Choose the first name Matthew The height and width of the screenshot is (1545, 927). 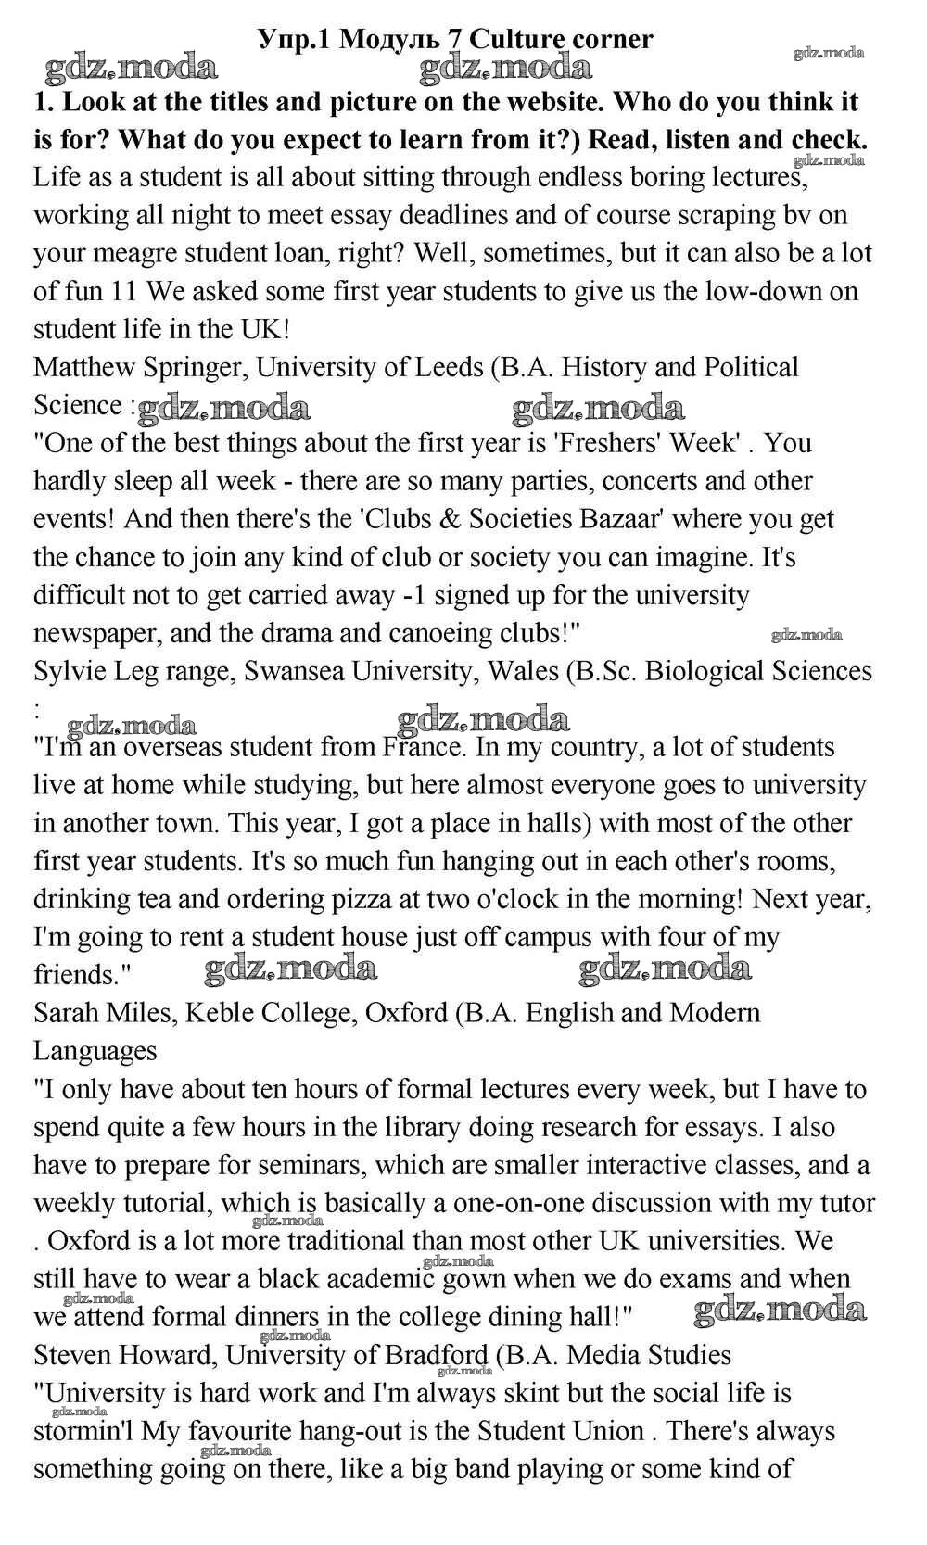click(x=84, y=367)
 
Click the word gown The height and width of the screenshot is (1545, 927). click(x=473, y=1279)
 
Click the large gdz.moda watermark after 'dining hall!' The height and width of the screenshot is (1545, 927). click(x=780, y=1310)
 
